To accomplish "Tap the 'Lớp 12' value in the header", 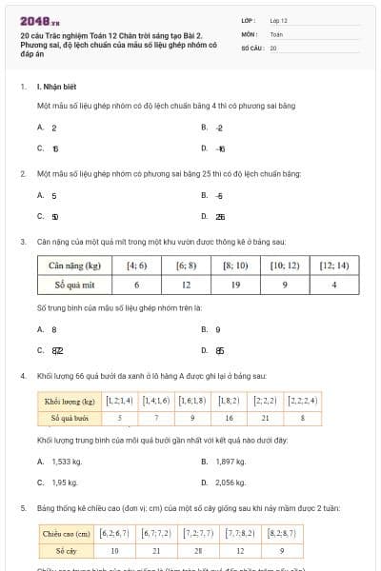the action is click(x=278, y=20).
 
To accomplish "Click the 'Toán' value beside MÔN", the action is click(x=275, y=33).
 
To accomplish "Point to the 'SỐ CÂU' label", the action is click(x=251, y=48).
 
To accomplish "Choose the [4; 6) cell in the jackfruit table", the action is click(x=137, y=266).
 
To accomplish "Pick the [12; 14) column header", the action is click(x=334, y=266).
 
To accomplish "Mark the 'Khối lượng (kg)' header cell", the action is click(x=70, y=402).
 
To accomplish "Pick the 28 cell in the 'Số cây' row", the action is click(x=199, y=550).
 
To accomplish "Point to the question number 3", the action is click(x=22, y=243).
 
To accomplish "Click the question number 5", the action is click(x=22, y=508).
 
